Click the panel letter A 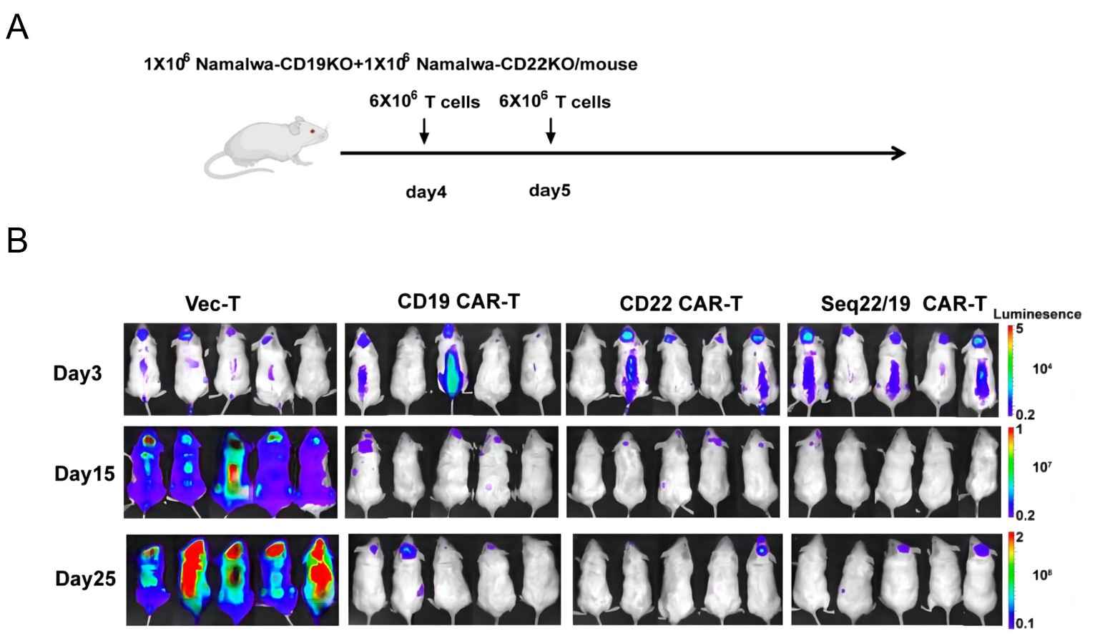tap(17, 28)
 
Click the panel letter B tap(17, 240)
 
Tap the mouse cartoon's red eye tap(312, 130)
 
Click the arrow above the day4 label tap(424, 131)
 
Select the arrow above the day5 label tap(550, 131)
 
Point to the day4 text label tap(426, 192)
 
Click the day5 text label tap(549, 190)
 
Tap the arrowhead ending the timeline tap(898, 152)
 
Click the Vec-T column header tap(212, 304)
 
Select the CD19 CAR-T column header tap(458, 302)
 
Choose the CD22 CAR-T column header tap(681, 304)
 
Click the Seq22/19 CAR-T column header tap(903, 304)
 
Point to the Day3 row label tap(77, 373)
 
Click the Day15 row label tap(84, 473)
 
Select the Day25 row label tap(85, 579)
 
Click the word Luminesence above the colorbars tap(1036, 314)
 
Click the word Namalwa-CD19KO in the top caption tap(274, 64)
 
